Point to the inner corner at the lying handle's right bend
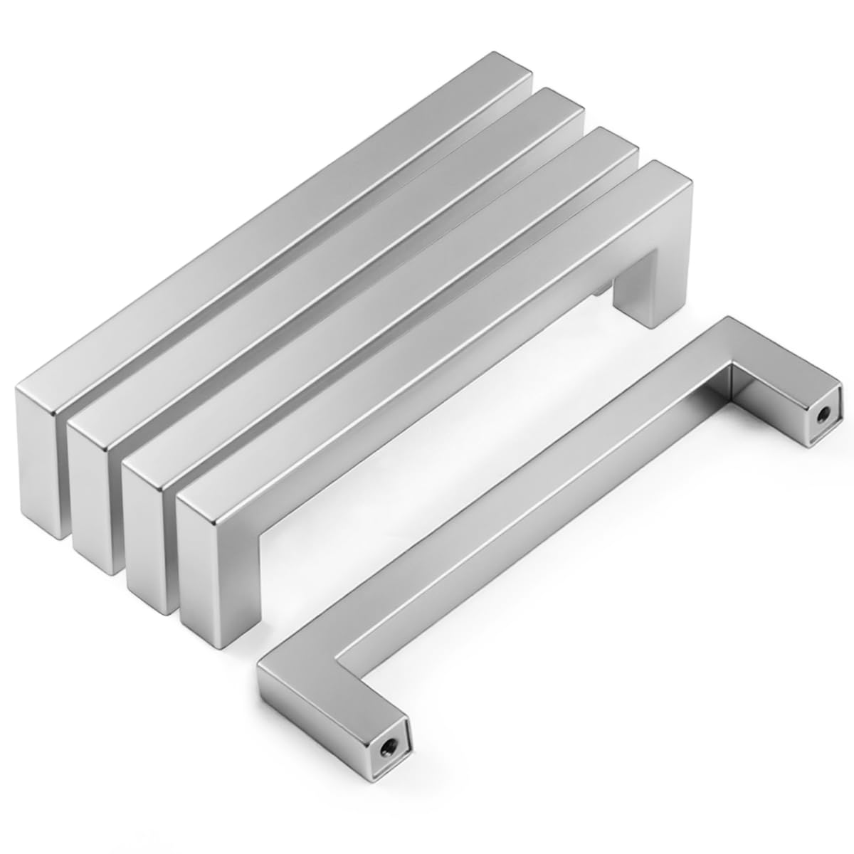[727, 366]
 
